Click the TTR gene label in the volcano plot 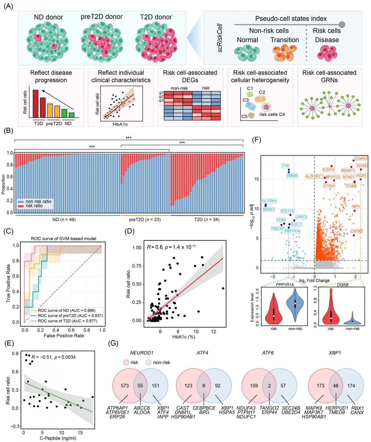point(285,166)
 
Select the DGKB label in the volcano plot point(362,166)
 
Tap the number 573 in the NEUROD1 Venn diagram point(125,386)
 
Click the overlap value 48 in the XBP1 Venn point(336,386)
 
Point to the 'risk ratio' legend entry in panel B point(34,206)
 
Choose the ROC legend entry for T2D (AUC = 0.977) point(67,321)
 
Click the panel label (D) point(129,231)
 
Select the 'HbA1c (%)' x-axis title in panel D point(184,337)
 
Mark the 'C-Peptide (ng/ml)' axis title point(58,438)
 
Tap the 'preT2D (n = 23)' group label point(145,219)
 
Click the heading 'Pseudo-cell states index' point(291,19)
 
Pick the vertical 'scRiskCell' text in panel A point(220,38)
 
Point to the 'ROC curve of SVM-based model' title point(64,239)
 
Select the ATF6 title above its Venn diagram point(268,353)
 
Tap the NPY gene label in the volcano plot point(356,207)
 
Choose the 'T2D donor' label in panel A point(156,17)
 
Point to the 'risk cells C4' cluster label point(272,114)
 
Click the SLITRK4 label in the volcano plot point(269,201)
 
